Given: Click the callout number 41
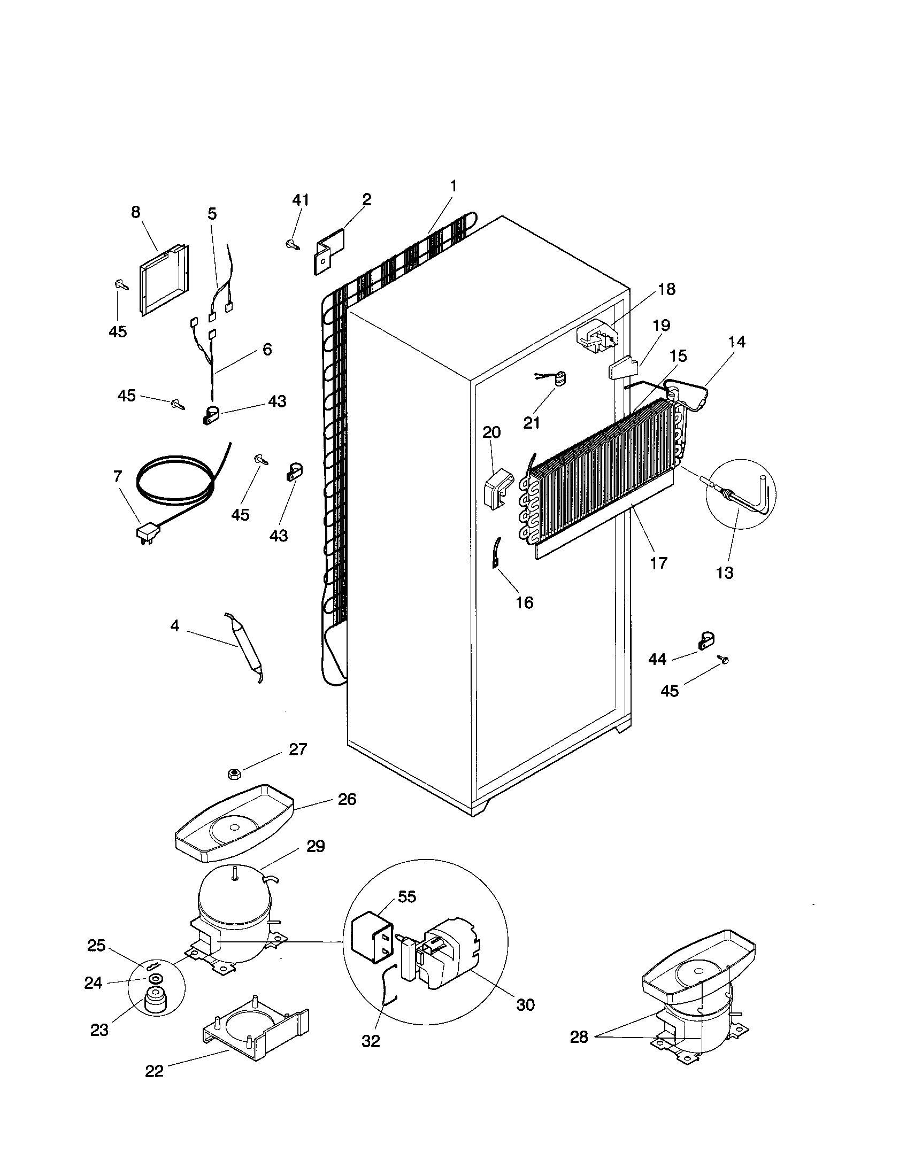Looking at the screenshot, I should click(301, 200).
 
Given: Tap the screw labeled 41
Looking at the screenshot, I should click(292, 244).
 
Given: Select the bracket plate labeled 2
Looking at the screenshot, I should click(329, 250).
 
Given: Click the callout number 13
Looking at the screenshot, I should click(725, 572).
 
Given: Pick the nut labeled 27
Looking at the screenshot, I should click(234, 775).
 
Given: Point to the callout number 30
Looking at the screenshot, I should click(525, 1004).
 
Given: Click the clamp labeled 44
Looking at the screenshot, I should click(705, 640).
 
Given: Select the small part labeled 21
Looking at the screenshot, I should click(560, 379).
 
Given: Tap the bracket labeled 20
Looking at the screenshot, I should click(497, 488).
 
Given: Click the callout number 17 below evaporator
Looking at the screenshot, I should click(658, 563).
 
